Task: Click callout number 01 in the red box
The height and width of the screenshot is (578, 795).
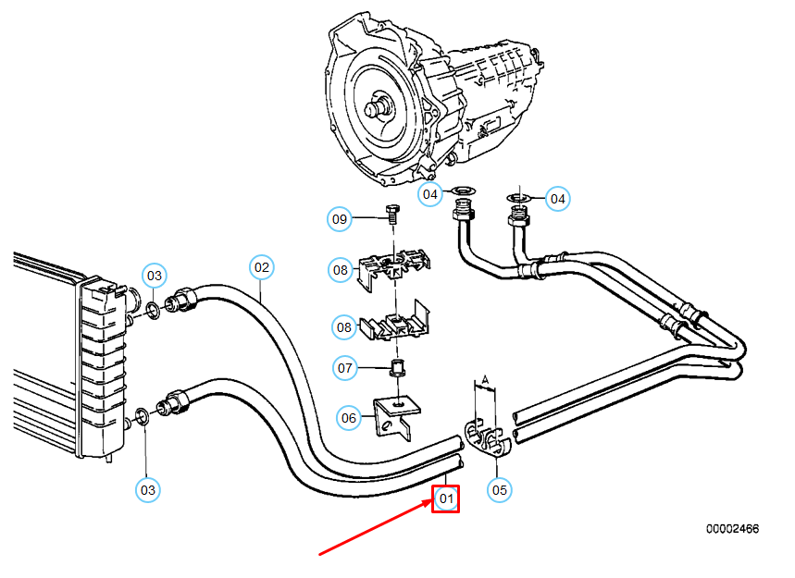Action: (x=446, y=499)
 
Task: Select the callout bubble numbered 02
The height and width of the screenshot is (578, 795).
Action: (x=262, y=268)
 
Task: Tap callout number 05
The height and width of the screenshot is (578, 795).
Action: (x=499, y=489)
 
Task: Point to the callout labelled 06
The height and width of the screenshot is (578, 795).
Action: (x=348, y=418)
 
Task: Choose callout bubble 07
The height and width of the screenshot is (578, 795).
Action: (x=345, y=368)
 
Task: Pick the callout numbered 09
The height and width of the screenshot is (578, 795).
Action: (x=341, y=219)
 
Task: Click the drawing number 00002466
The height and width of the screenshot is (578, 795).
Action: (x=732, y=529)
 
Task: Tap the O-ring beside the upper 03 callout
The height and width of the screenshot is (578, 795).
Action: (x=154, y=306)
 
